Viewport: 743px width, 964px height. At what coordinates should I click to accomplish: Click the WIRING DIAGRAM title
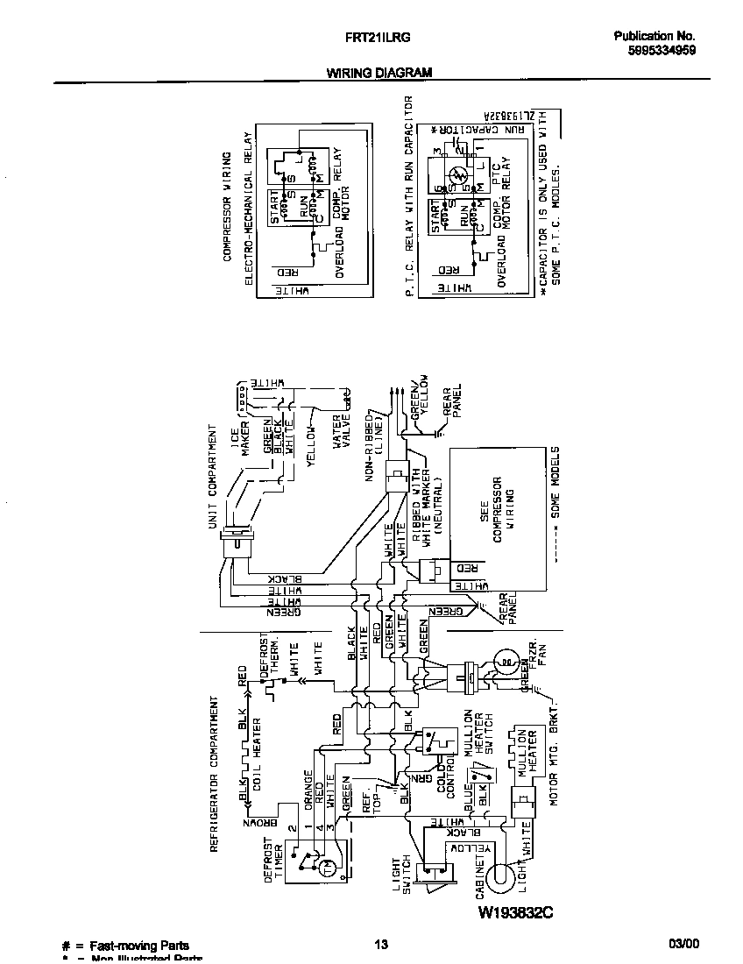tap(379, 74)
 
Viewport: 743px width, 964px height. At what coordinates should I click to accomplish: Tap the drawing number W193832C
tap(516, 914)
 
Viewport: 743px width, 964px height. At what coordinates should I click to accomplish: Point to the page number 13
tap(380, 944)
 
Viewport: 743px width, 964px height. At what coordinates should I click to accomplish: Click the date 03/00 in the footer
tap(683, 944)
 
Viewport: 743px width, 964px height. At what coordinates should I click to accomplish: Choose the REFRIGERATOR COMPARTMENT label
tap(213, 774)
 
